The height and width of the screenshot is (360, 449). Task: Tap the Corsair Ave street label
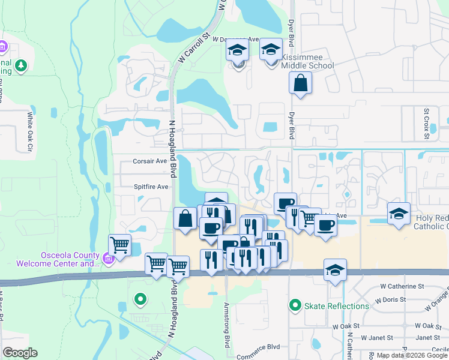[149, 161]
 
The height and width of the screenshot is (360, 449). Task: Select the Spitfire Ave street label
[151, 187]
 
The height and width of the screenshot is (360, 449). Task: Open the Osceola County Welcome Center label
[70, 259]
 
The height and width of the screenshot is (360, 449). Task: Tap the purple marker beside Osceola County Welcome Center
[108, 259]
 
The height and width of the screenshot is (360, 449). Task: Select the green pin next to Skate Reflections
[295, 306]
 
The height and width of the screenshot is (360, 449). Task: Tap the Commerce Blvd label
[259, 347]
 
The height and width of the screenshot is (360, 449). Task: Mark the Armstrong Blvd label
[227, 326]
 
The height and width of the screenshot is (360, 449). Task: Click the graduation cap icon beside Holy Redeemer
[398, 214]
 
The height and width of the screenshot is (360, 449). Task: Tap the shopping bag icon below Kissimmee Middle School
[300, 83]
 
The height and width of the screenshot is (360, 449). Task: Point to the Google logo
[20, 352]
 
